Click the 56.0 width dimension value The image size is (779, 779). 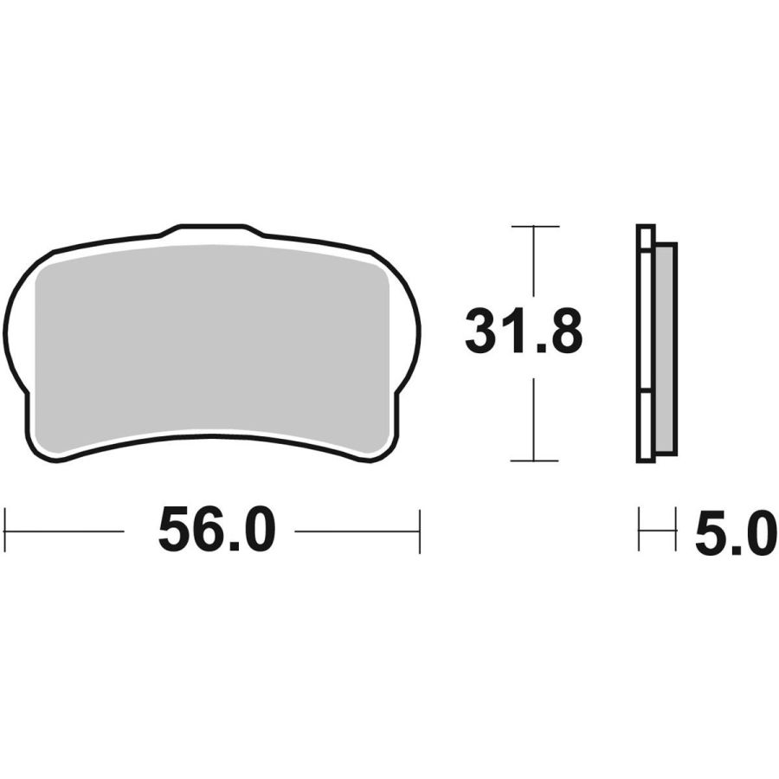(x=216, y=530)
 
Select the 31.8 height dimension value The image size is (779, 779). (x=524, y=331)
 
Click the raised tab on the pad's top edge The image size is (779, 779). (x=212, y=230)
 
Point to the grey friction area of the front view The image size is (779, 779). (x=212, y=348)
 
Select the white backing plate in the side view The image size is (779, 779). (x=646, y=344)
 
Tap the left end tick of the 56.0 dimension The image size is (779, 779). (x=4, y=531)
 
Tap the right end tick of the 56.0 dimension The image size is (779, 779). (x=420, y=531)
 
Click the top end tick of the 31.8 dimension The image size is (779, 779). (x=535, y=227)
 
